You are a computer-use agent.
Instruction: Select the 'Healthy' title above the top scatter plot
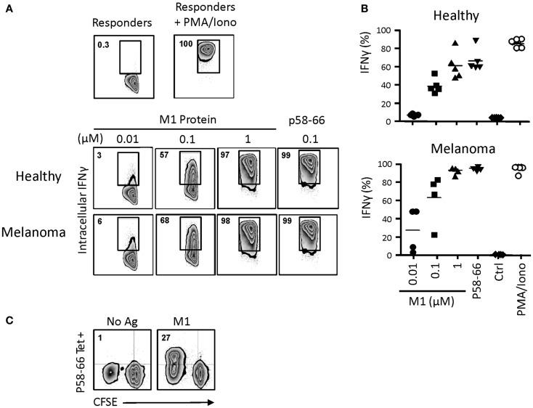pos(444,16)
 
